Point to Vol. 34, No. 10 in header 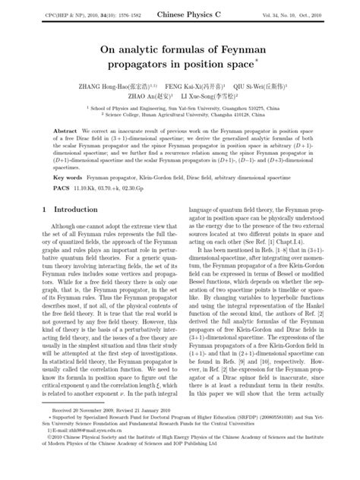[x=279, y=14]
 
